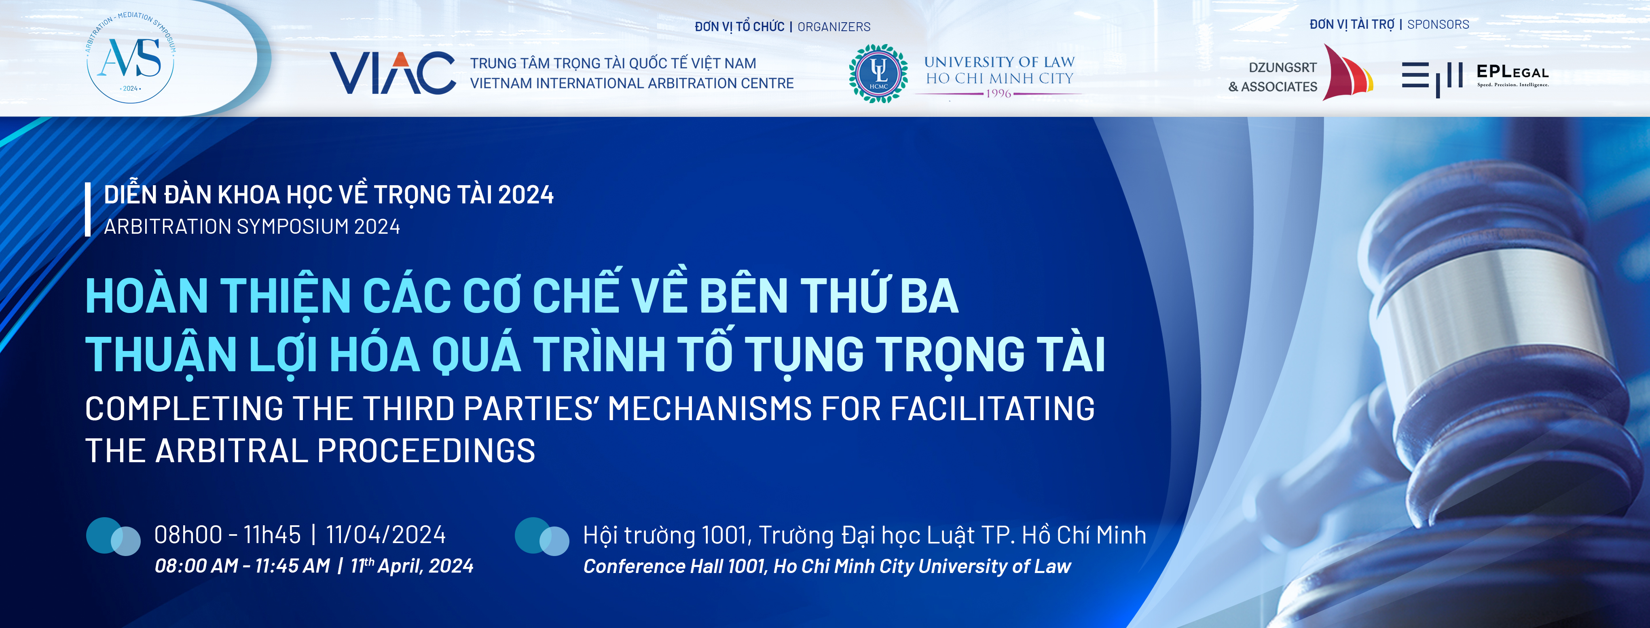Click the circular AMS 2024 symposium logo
tap(131, 57)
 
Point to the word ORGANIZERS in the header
tap(834, 27)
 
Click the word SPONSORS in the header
tap(1438, 24)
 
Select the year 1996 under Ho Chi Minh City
tap(998, 93)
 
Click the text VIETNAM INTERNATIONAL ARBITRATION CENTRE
tap(632, 83)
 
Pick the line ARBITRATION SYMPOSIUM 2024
tap(252, 226)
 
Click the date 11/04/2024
tap(385, 535)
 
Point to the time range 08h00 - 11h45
tap(227, 535)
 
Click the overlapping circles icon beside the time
tap(113, 537)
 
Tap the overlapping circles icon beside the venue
tap(542, 537)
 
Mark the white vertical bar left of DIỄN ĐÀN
tap(88, 210)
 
